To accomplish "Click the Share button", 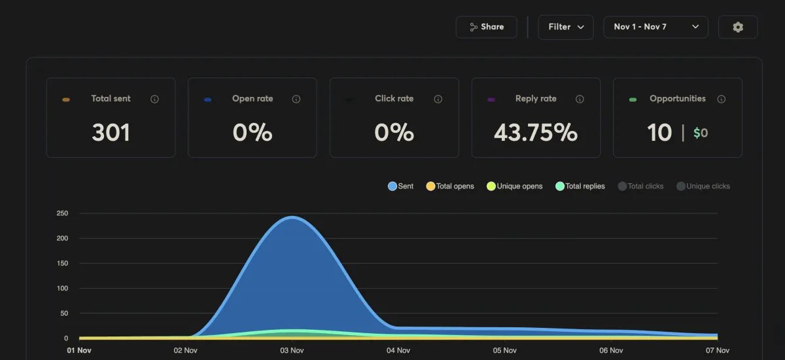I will coord(486,27).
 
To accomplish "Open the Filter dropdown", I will coord(565,27).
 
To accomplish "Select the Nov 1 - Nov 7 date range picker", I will coord(655,27).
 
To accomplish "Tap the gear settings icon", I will coord(738,27).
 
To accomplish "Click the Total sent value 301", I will coord(111,133).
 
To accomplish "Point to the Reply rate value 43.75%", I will coord(536,133).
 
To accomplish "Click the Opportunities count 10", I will coord(659,133).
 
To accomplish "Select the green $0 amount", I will coord(701,133).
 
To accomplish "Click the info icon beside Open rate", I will coord(296,99).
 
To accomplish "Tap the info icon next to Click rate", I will coord(438,99).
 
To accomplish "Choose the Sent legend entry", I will coord(401,187).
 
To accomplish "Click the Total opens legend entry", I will coord(450,187).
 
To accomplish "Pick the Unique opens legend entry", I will coord(515,187).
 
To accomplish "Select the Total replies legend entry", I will coord(580,187).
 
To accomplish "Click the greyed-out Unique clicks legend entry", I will coord(703,187).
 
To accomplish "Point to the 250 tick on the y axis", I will coord(62,213).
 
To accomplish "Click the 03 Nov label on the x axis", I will coord(292,351).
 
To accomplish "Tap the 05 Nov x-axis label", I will coord(505,351).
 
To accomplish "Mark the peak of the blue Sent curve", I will coord(291,217).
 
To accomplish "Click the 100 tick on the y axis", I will coord(62,289).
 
